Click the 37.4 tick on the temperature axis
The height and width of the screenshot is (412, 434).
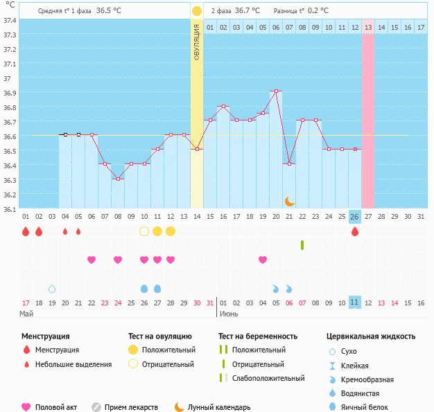[x=10, y=20]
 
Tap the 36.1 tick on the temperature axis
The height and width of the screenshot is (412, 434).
[x=10, y=209]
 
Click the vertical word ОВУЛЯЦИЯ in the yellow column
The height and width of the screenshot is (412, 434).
[x=197, y=42]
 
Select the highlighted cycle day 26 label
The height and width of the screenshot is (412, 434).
[x=355, y=217]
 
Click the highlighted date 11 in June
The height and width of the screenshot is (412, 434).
[x=355, y=303]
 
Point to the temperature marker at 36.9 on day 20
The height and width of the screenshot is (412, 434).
[x=276, y=91]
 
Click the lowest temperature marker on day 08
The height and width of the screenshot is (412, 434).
[x=118, y=179]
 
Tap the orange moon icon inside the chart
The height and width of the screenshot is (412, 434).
[x=289, y=201]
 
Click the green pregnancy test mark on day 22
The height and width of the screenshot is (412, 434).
[x=302, y=244]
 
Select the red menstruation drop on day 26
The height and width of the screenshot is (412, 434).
[x=355, y=231]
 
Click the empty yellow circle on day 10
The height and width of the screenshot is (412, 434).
[x=144, y=231]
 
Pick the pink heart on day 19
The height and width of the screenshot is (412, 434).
[x=263, y=260]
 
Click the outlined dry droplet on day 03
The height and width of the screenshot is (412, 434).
[x=52, y=288]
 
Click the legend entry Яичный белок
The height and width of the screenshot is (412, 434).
[x=365, y=408]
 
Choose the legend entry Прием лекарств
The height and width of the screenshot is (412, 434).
[x=130, y=408]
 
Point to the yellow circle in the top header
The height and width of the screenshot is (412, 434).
[x=197, y=11]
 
